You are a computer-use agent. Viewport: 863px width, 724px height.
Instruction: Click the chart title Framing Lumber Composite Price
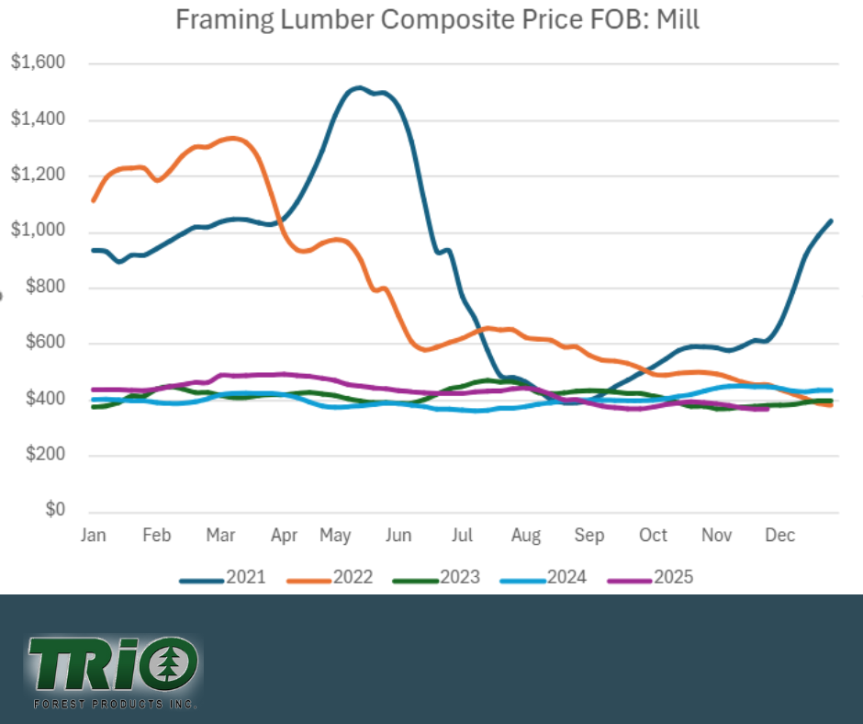click(437, 19)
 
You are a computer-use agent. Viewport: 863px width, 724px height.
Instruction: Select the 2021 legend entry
click(223, 577)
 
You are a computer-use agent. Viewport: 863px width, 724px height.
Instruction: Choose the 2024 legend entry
click(543, 577)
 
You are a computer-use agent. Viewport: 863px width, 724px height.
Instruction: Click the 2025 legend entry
click(649, 577)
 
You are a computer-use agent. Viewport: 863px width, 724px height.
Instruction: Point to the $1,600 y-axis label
click(39, 63)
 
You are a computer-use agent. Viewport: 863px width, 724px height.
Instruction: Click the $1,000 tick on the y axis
click(39, 232)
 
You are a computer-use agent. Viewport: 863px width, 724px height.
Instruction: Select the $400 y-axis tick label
click(44, 400)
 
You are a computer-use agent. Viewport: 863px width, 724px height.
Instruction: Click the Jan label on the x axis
click(93, 536)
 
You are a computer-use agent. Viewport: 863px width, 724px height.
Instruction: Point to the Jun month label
click(399, 536)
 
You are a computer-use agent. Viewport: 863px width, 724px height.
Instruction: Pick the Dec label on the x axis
click(780, 536)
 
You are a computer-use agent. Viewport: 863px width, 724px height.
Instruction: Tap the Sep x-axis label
click(589, 536)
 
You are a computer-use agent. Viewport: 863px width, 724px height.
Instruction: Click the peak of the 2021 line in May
click(358, 88)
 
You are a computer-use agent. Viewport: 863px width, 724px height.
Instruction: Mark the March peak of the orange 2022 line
click(231, 139)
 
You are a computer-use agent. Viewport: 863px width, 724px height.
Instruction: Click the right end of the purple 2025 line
click(766, 409)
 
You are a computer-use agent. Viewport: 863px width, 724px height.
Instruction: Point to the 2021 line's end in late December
click(831, 221)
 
